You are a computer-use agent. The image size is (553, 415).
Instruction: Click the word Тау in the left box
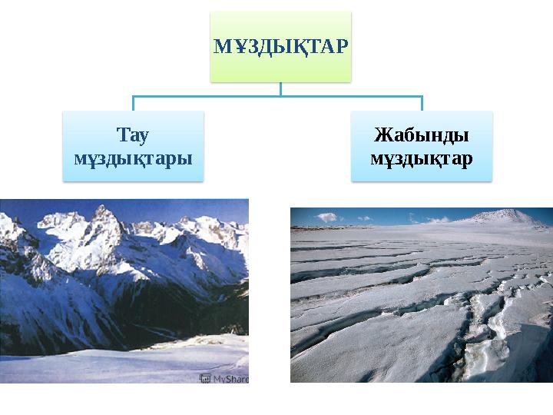133,136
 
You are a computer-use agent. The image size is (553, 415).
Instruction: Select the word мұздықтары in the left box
133,158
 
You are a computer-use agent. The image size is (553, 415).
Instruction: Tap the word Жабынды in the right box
421,136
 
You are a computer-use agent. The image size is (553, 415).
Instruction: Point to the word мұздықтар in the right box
421,158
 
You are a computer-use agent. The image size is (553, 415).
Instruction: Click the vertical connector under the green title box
280,89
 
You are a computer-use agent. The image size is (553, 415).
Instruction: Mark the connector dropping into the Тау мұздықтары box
133,104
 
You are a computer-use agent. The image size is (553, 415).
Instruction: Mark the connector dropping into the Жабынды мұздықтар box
422,104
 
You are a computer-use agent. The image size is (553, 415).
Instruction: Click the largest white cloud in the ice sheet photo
326,217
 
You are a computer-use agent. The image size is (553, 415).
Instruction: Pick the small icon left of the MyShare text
205,377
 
